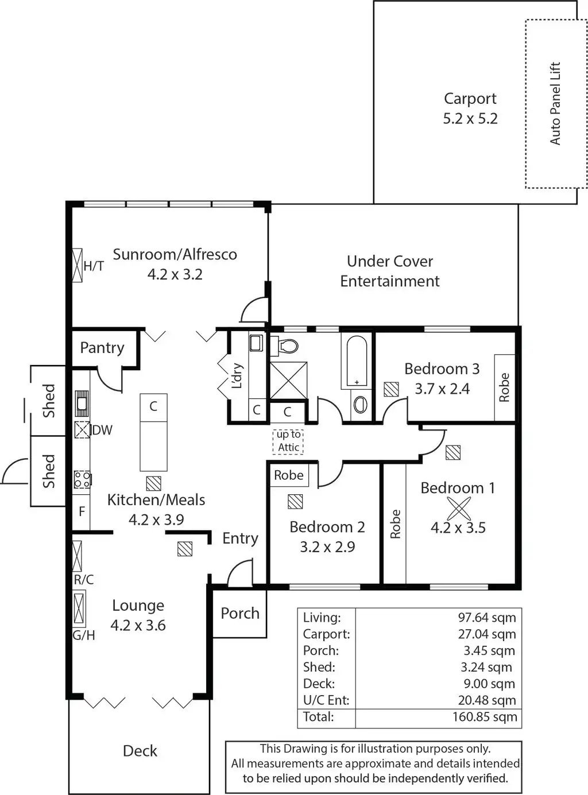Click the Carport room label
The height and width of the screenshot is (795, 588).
[x=470, y=99]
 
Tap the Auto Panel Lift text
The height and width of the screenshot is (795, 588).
[x=555, y=103]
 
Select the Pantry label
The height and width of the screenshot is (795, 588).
[x=102, y=348]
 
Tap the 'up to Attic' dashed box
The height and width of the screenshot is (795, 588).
[x=288, y=441]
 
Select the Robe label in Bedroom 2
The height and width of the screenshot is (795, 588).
[x=288, y=475]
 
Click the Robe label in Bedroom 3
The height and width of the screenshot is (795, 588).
[x=504, y=387]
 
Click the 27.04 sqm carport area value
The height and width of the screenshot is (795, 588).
[x=486, y=634]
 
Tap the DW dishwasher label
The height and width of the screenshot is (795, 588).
[x=102, y=430]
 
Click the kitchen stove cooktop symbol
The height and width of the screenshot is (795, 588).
[x=82, y=479]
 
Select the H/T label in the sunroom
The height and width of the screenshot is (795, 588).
[x=94, y=266]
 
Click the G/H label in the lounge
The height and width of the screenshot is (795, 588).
[x=84, y=635]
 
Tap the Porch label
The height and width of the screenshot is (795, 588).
[x=240, y=614]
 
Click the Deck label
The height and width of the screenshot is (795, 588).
[x=140, y=751]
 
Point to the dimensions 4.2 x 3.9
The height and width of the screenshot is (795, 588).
[x=156, y=520]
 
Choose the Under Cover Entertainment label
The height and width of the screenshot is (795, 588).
[x=390, y=271]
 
